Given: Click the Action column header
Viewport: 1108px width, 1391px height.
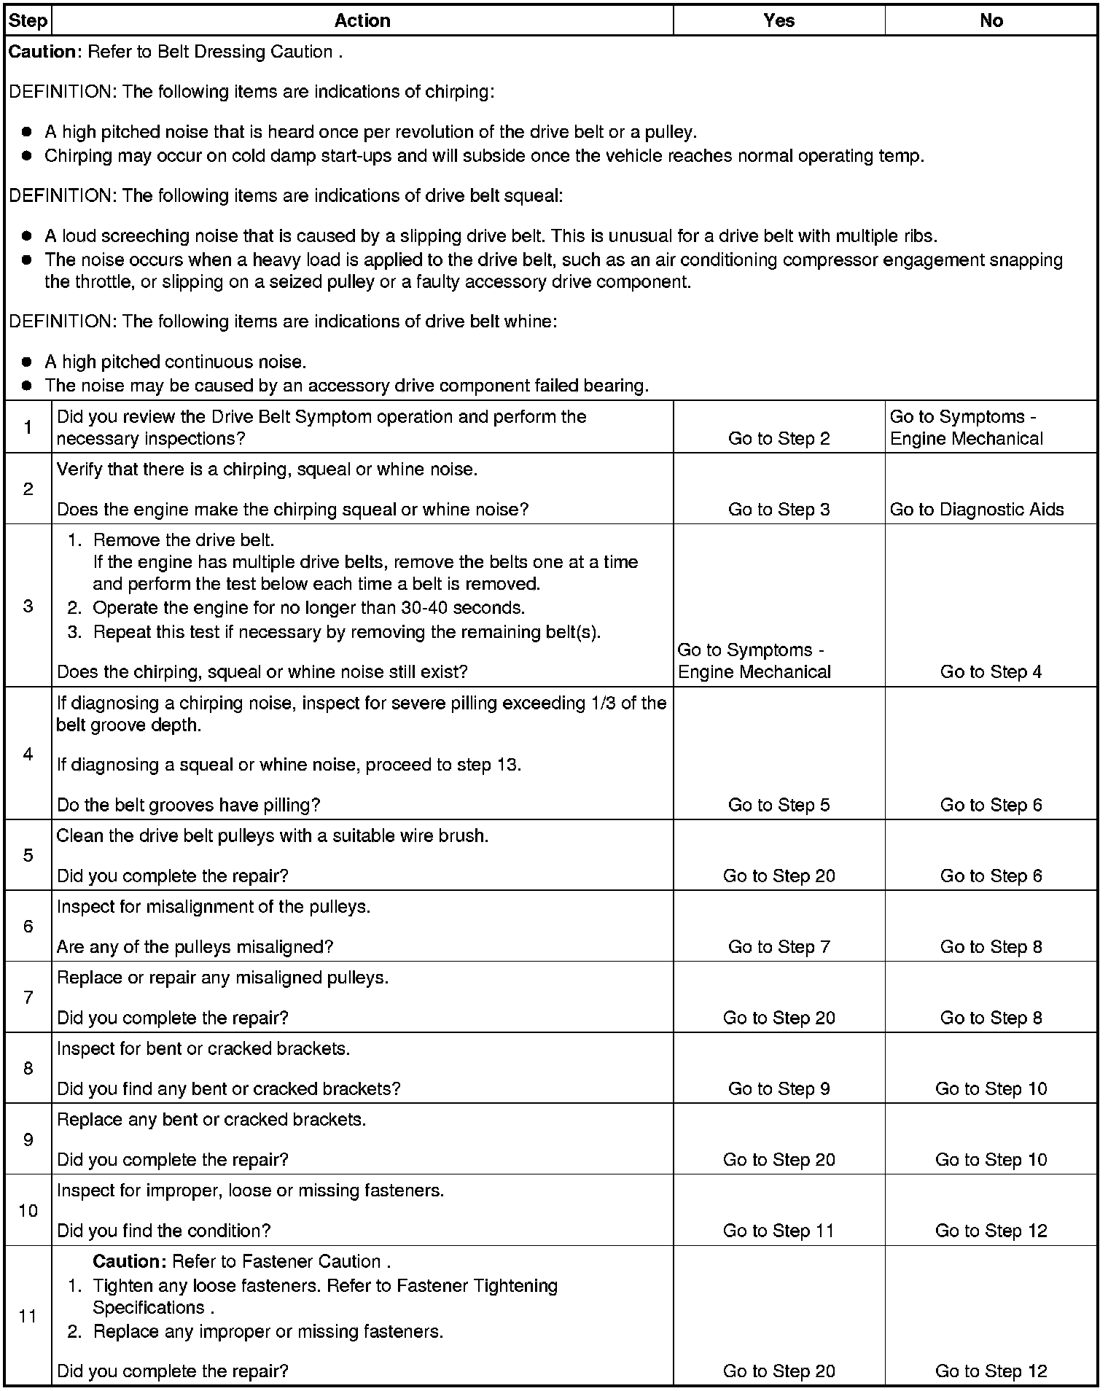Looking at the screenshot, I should point(362,20).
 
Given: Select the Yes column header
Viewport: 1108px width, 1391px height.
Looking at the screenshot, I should point(779,20).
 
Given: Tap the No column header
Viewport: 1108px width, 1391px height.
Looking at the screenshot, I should point(991,20).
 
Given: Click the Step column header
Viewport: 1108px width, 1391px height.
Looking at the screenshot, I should point(28,20).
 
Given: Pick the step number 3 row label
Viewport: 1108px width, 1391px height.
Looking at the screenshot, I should point(28,606).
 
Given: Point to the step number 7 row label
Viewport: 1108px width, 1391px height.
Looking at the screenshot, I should point(28,997).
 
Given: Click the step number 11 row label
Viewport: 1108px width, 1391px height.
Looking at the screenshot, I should point(28,1316).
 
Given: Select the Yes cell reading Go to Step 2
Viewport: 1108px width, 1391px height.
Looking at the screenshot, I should point(779,438).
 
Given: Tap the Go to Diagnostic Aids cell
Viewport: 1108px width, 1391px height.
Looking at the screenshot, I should point(977,510).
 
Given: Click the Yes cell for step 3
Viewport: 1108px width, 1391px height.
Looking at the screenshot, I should point(754,661).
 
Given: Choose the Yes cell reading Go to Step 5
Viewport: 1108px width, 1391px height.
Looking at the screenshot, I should point(779,805).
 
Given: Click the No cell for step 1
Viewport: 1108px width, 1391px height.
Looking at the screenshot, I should point(967,428).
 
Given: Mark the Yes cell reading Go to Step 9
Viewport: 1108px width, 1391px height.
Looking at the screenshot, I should point(779,1088).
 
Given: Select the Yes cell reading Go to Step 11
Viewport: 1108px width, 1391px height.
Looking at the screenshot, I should point(779,1231).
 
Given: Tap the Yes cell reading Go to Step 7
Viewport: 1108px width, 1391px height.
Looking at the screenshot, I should point(779,947).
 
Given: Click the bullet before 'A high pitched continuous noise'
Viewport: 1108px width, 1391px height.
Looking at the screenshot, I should point(28,362).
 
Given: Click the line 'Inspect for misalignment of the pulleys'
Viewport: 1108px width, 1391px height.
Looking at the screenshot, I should point(214,907).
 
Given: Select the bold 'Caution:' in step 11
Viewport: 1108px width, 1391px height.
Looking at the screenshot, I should point(130,1262).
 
